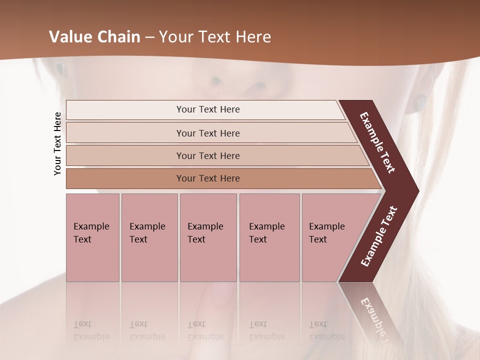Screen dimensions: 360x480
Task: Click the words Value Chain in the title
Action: (94, 37)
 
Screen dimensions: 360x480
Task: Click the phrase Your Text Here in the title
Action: (215, 37)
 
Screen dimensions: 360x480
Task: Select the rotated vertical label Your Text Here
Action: (57, 143)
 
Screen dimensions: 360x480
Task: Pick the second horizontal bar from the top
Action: (208, 133)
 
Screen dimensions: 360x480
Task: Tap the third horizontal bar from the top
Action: (208, 155)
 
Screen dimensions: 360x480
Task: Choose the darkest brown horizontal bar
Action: (208, 178)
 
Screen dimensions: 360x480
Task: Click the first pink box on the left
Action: (92, 237)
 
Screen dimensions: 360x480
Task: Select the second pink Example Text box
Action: (149, 237)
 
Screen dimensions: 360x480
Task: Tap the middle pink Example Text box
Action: (208, 237)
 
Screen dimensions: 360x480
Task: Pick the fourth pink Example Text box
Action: (269, 237)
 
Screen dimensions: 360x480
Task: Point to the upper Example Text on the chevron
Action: (377, 142)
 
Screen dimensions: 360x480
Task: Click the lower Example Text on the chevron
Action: (378, 236)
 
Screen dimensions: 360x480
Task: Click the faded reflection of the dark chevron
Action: (372, 312)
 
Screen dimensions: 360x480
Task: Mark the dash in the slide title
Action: (149, 37)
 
